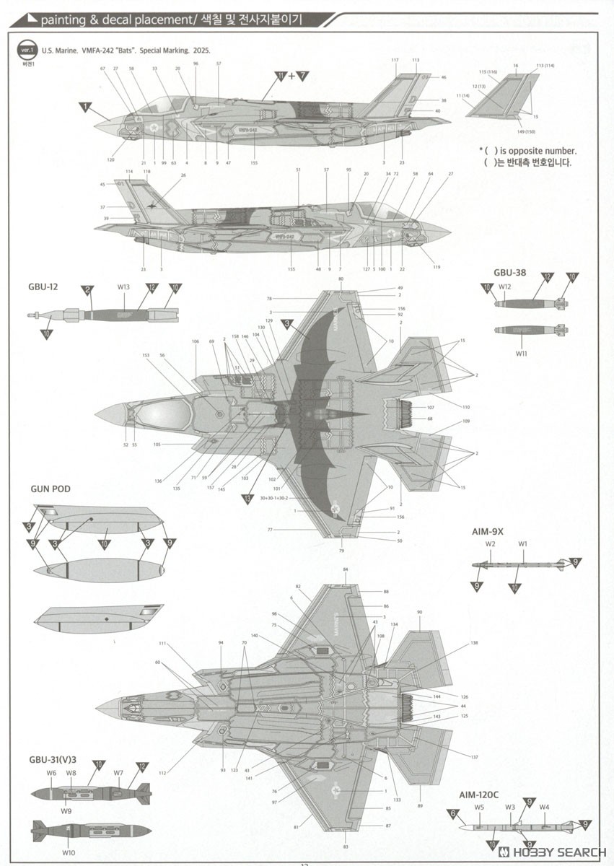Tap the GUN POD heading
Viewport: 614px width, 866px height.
pyautogui.click(x=51, y=489)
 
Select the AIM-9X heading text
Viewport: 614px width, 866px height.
pyautogui.click(x=488, y=532)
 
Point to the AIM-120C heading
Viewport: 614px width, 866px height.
pyautogui.click(x=478, y=795)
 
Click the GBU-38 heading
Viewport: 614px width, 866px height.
pyautogui.click(x=509, y=273)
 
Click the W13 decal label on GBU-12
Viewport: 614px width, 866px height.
pyautogui.click(x=123, y=287)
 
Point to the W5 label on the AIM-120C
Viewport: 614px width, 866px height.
pyautogui.click(x=479, y=807)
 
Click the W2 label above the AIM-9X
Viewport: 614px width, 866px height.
pyautogui.click(x=490, y=543)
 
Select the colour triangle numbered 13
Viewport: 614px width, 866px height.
pyautogui.click(x=249, y=499)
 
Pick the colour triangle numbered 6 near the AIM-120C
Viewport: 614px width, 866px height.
pyautogui.click(x=453, y=813)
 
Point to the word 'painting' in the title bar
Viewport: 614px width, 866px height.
pyautogui.click(x=61, y=21)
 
